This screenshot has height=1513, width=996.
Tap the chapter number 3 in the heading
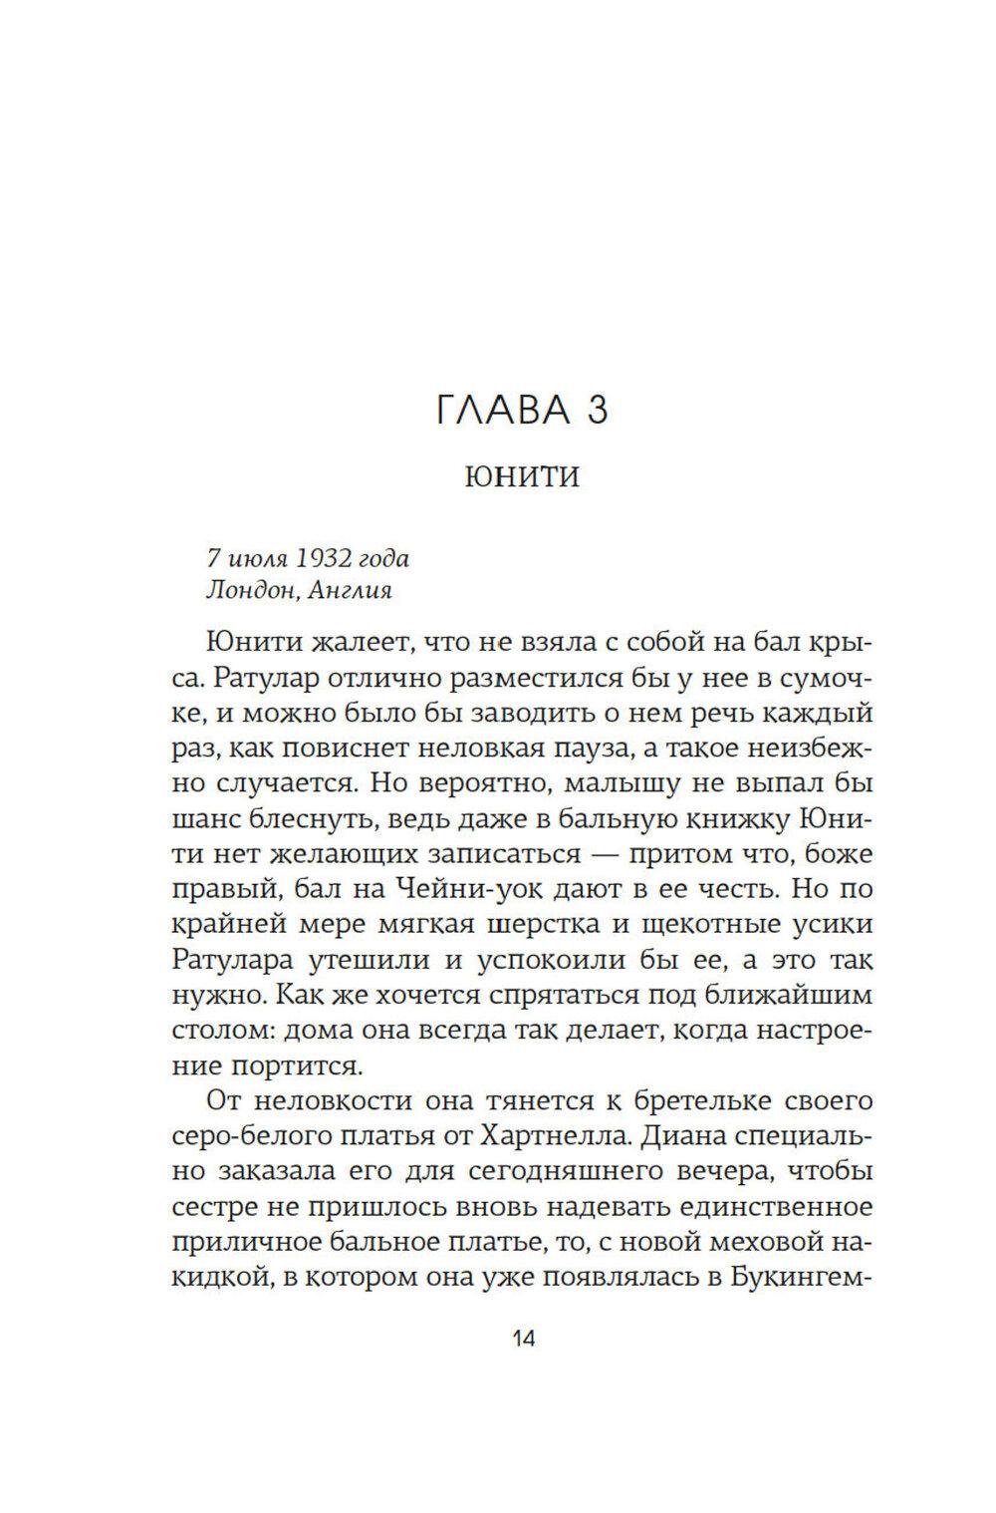(596, 409)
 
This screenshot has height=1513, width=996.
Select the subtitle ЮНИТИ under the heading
(522, 478)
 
